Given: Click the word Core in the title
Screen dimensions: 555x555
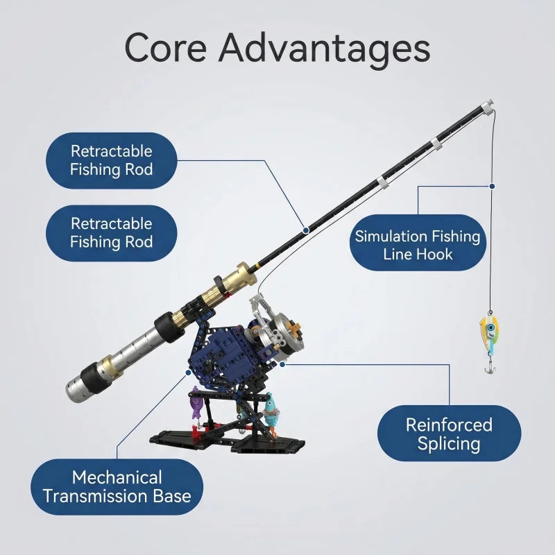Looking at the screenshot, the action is click(x=165, y=47).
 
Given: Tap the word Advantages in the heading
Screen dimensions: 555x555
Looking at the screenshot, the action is click(x=324, y=49).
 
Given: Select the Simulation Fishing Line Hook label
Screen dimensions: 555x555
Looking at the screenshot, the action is click(x=418, y=243).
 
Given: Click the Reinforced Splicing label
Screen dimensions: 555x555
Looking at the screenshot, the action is click(x=449, y=433).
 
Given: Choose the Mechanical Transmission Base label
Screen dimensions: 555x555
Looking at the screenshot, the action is click(x=117, y=487).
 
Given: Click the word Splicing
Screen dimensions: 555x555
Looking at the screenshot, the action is click(x=449, y=444).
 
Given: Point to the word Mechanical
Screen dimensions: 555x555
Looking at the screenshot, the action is click(x=117, y=477).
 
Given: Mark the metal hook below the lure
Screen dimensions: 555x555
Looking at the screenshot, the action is click(x=490, y=366).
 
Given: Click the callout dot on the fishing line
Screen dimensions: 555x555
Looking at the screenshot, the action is click(x=492, y=186).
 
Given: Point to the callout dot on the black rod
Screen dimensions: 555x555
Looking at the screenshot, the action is click(x=306, y=230).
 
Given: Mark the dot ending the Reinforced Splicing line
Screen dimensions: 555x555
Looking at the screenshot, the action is click(x=282, y=364).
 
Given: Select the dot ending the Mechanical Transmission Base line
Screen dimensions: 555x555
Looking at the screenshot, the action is click(x=188, y=373).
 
